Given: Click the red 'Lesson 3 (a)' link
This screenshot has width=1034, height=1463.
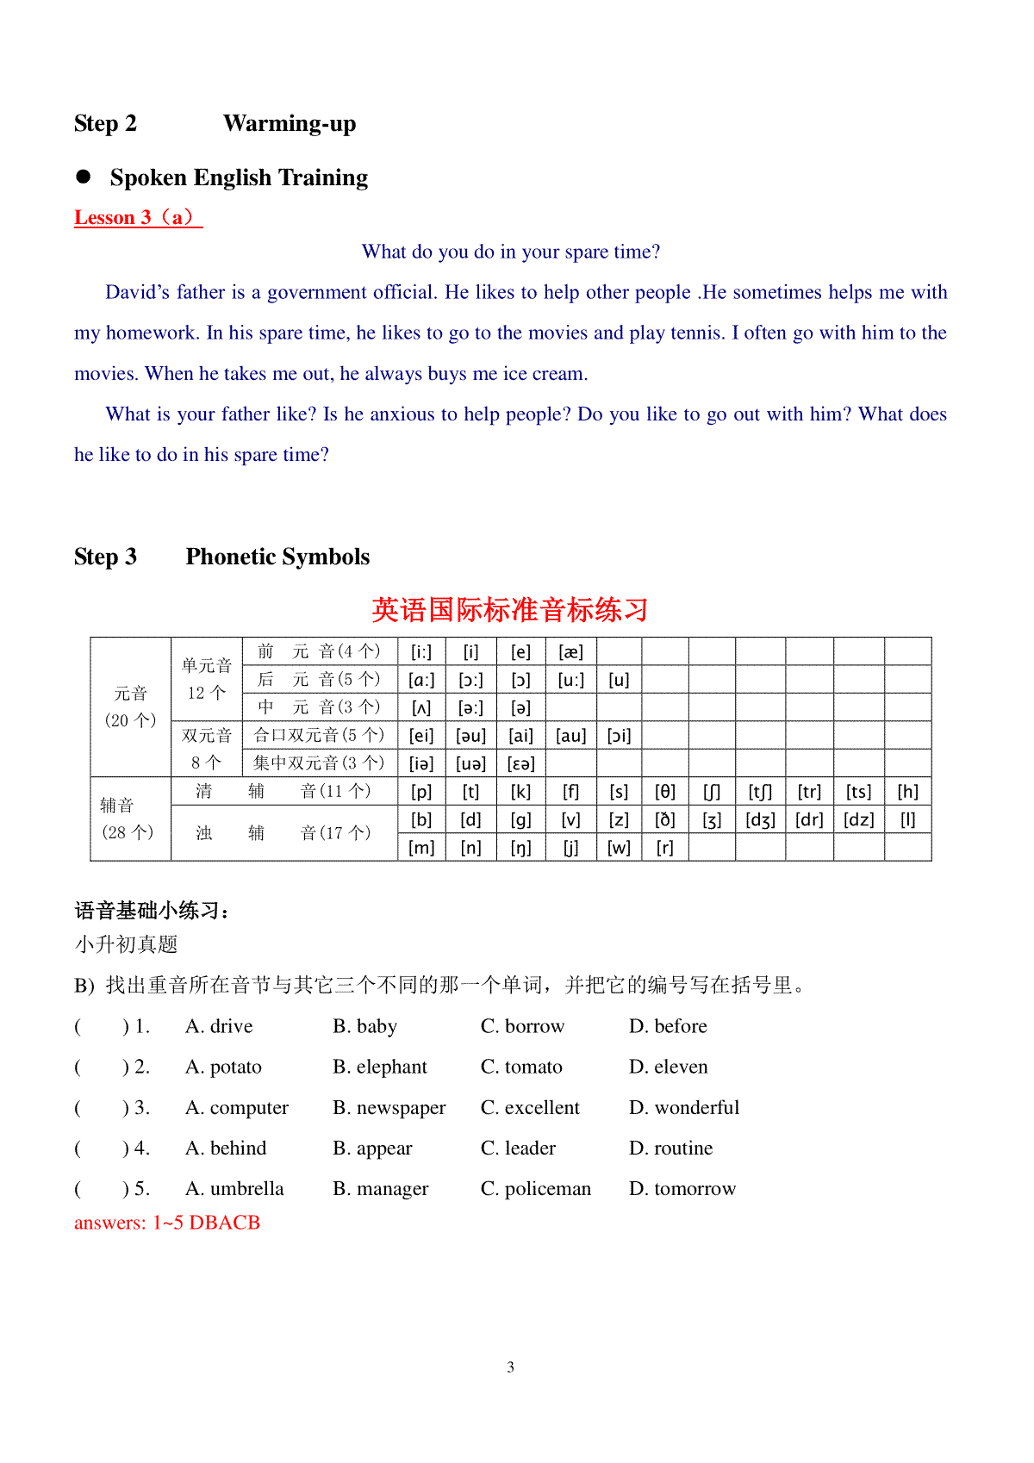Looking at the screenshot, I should pos(138,217).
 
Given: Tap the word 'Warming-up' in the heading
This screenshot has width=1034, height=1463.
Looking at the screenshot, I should pos(290,123).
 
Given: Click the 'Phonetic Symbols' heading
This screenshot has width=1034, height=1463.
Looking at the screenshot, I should pos(277,557).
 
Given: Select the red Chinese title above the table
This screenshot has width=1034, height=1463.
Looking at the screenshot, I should pos(509,610).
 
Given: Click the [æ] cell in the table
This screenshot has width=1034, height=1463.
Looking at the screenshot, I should pos(570,652).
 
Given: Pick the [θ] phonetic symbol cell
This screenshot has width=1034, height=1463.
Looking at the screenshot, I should pos(664,792).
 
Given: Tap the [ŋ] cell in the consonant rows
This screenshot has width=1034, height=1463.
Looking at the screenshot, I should pos(520,848).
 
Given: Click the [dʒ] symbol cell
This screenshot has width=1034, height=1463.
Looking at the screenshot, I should pos(760,820).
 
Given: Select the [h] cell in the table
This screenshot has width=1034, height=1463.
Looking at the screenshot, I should pos(907,792).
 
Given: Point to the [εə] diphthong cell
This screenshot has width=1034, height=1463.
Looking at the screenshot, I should pos(520,763).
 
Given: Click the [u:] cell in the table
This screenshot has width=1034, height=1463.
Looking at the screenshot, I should pos(570,680).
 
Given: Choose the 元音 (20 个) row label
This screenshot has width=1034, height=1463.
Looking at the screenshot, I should pos(130,707).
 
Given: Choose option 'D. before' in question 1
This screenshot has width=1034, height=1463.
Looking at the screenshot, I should pos(668,1026).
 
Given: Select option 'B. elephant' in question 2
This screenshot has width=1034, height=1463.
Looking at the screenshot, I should pos(380,1067).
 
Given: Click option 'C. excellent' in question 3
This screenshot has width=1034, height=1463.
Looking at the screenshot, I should pos(530,1107).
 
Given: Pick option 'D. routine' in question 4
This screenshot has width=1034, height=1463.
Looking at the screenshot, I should pos(670,1148).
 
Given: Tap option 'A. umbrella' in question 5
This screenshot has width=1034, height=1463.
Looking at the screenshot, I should pos(234,1189).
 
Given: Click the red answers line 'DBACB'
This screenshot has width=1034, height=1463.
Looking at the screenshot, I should pos(167,1223).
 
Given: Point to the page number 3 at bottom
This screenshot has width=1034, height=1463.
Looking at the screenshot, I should pos(511,1367).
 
